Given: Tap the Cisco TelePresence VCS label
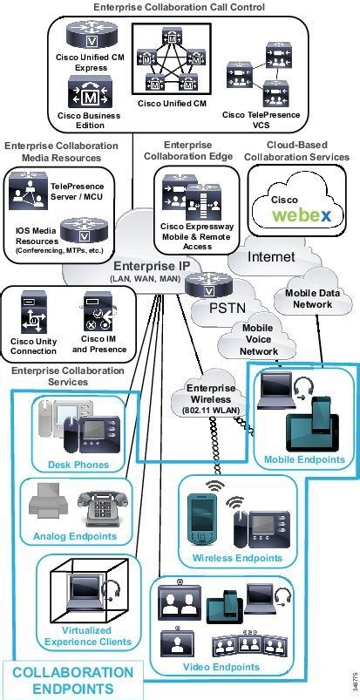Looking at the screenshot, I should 261,119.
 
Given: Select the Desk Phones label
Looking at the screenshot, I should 79,465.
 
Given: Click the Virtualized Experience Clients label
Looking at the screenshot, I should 79,635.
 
